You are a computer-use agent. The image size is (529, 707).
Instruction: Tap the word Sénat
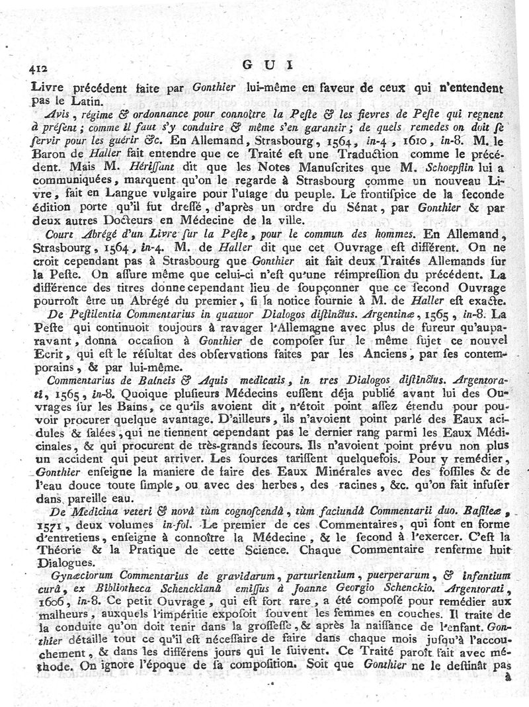click(346, 208)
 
